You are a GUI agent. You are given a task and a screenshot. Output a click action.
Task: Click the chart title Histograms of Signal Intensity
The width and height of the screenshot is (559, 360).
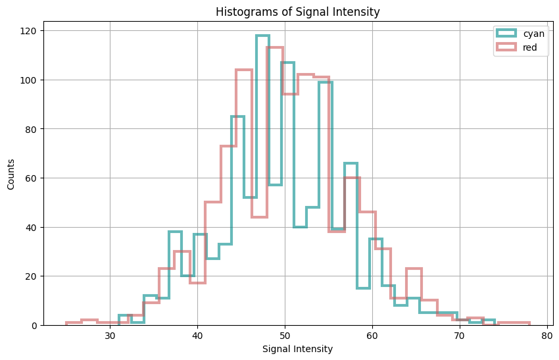click(297, 12)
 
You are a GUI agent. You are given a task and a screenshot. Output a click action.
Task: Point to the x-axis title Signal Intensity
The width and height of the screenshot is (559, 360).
click(297, 349)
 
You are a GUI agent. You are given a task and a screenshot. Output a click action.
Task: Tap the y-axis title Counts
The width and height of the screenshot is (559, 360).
click(11, 174)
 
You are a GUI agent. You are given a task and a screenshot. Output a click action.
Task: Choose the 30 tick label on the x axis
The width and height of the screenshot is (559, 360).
click(110, 336)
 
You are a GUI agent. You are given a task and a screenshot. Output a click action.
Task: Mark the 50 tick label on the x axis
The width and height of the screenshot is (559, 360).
click(285, 336)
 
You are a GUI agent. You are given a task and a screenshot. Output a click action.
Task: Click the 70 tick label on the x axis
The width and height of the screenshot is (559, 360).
click(460, 336)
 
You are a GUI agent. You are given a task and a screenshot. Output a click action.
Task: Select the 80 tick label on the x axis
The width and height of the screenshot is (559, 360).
click(547, 336)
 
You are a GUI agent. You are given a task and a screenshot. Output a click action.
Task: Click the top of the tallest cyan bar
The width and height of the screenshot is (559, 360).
click(262, 36)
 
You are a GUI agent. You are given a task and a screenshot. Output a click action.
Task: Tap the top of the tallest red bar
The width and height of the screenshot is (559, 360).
click(275, 47)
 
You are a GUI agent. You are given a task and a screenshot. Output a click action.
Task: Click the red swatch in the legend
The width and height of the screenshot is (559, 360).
click(507, 48)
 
